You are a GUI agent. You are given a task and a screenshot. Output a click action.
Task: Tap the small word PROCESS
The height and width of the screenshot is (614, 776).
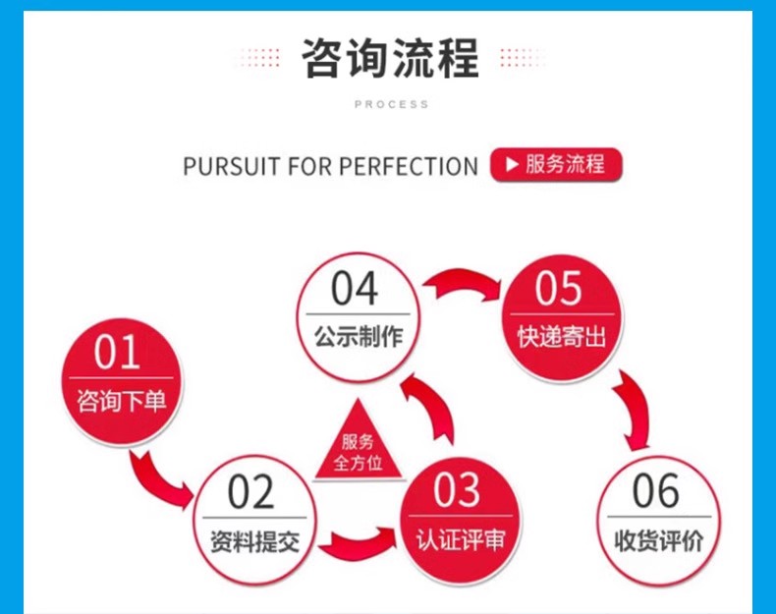391,104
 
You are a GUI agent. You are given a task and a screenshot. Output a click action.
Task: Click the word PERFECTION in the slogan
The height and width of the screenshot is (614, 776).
409,166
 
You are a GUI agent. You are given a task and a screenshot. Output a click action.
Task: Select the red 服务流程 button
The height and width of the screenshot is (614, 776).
555,164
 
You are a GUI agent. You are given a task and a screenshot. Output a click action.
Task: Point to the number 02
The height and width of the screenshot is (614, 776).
251,493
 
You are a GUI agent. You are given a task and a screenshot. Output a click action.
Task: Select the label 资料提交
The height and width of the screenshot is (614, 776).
254,540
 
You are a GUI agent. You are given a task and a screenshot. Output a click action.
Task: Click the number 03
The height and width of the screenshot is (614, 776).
457,491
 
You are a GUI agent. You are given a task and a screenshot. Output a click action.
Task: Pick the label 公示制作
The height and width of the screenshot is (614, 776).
359,337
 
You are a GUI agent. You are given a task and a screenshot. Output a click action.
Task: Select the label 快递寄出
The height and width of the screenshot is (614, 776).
562,337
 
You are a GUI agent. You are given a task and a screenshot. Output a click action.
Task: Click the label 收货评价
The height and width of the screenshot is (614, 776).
659,540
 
